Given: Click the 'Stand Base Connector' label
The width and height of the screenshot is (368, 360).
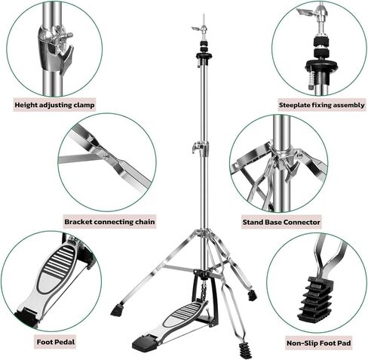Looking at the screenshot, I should [281, 222].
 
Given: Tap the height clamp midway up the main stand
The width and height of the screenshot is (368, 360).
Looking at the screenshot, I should [201, 148].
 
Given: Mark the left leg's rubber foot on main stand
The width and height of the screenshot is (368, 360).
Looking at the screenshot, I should [116, 309].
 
